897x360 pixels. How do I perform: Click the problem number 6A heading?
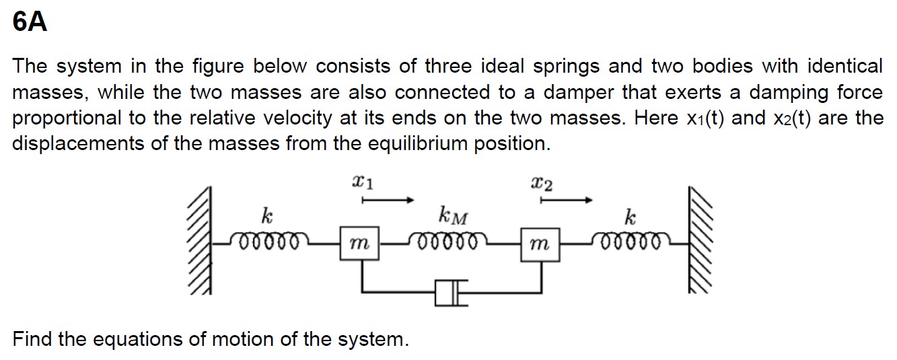pyautogui.click(x=30, y=23)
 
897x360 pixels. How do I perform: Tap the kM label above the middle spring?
pyautogui.click(x=453, y=217)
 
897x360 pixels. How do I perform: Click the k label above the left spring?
pyautogui.click(x=267, y=217)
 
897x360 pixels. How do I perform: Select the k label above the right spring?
pyautogui.click(x=630, y=217)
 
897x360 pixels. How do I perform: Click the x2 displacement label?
pyautogui.click(x=542, y=182)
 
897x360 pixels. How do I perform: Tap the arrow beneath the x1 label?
pyautogui.click(x=387, y=200)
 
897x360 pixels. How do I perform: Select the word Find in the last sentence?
pyautogui.click(x=33, y=338)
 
